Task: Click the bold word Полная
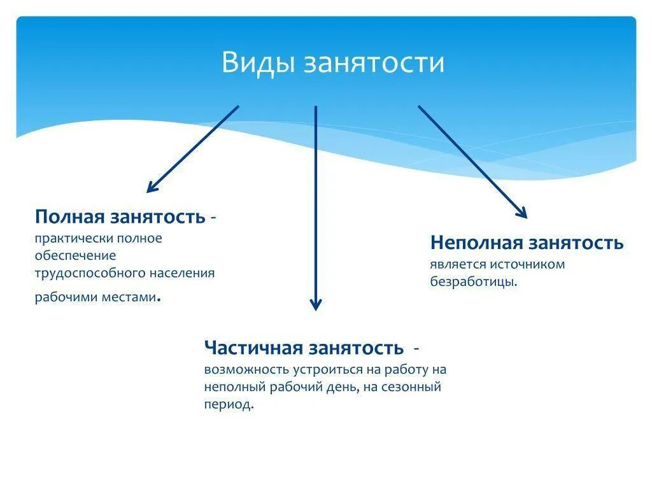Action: [x=70, y=216]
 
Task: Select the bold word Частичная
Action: [x=253, y=348]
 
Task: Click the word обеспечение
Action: [x=76, y=255]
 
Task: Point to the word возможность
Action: [x=246, y=369]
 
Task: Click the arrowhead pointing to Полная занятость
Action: [x=151, y=188]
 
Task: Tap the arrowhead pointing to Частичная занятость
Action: [x=315, y=306]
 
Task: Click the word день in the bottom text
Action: [x=344, y=386]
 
